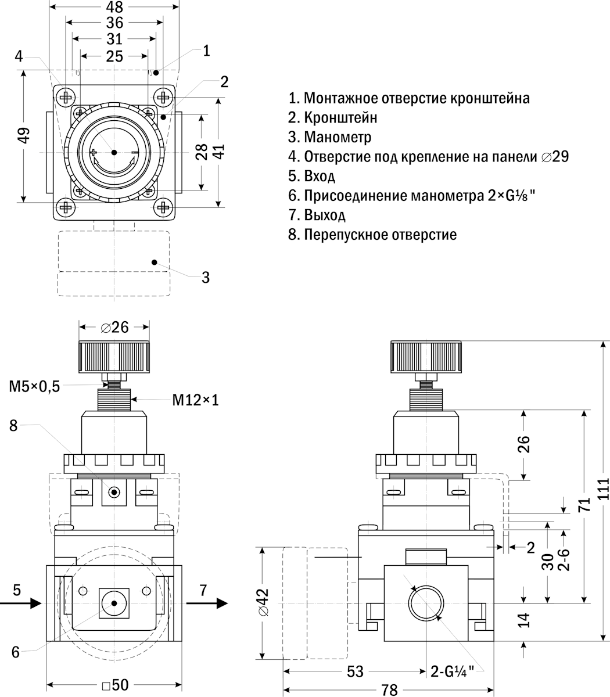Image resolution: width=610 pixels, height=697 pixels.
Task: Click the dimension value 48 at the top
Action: pos(115,7)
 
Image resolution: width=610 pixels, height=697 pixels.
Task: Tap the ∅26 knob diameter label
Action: pos(114,327)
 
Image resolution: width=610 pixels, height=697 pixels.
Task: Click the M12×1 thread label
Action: pos(196,400)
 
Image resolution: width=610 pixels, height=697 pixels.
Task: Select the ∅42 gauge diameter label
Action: pos(263,603)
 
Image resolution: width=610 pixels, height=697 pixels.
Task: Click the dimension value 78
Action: pos(389,689)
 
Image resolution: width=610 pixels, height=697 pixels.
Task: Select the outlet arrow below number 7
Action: pos(207,604)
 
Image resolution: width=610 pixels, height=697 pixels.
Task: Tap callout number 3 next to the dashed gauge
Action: pos(205,277)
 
